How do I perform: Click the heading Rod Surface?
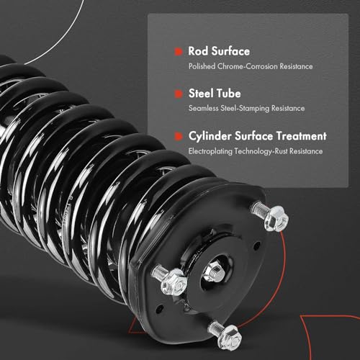219,51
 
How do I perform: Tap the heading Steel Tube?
215,94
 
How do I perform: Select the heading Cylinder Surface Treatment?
258,136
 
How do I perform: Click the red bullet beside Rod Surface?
179,52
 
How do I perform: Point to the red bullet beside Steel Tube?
179,94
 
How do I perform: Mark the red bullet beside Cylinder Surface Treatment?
179,136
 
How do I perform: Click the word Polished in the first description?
202,66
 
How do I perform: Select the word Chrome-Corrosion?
248,66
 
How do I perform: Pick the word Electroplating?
210,151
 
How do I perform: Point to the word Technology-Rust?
261,151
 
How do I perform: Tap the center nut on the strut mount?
214,271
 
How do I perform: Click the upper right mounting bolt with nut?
271,216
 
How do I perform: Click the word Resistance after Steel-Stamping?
288,108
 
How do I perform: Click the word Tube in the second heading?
229,94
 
